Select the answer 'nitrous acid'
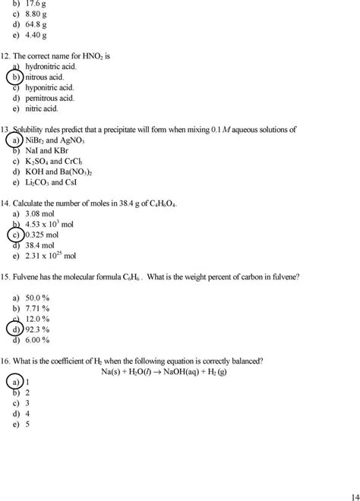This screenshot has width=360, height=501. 46,77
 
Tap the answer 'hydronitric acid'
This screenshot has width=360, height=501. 49,67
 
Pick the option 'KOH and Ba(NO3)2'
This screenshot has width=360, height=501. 58,172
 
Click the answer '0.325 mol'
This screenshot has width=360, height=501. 43,235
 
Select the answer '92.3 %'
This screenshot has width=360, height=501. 38,330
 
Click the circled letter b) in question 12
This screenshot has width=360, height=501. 15,77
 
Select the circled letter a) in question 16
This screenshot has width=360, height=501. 15,382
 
